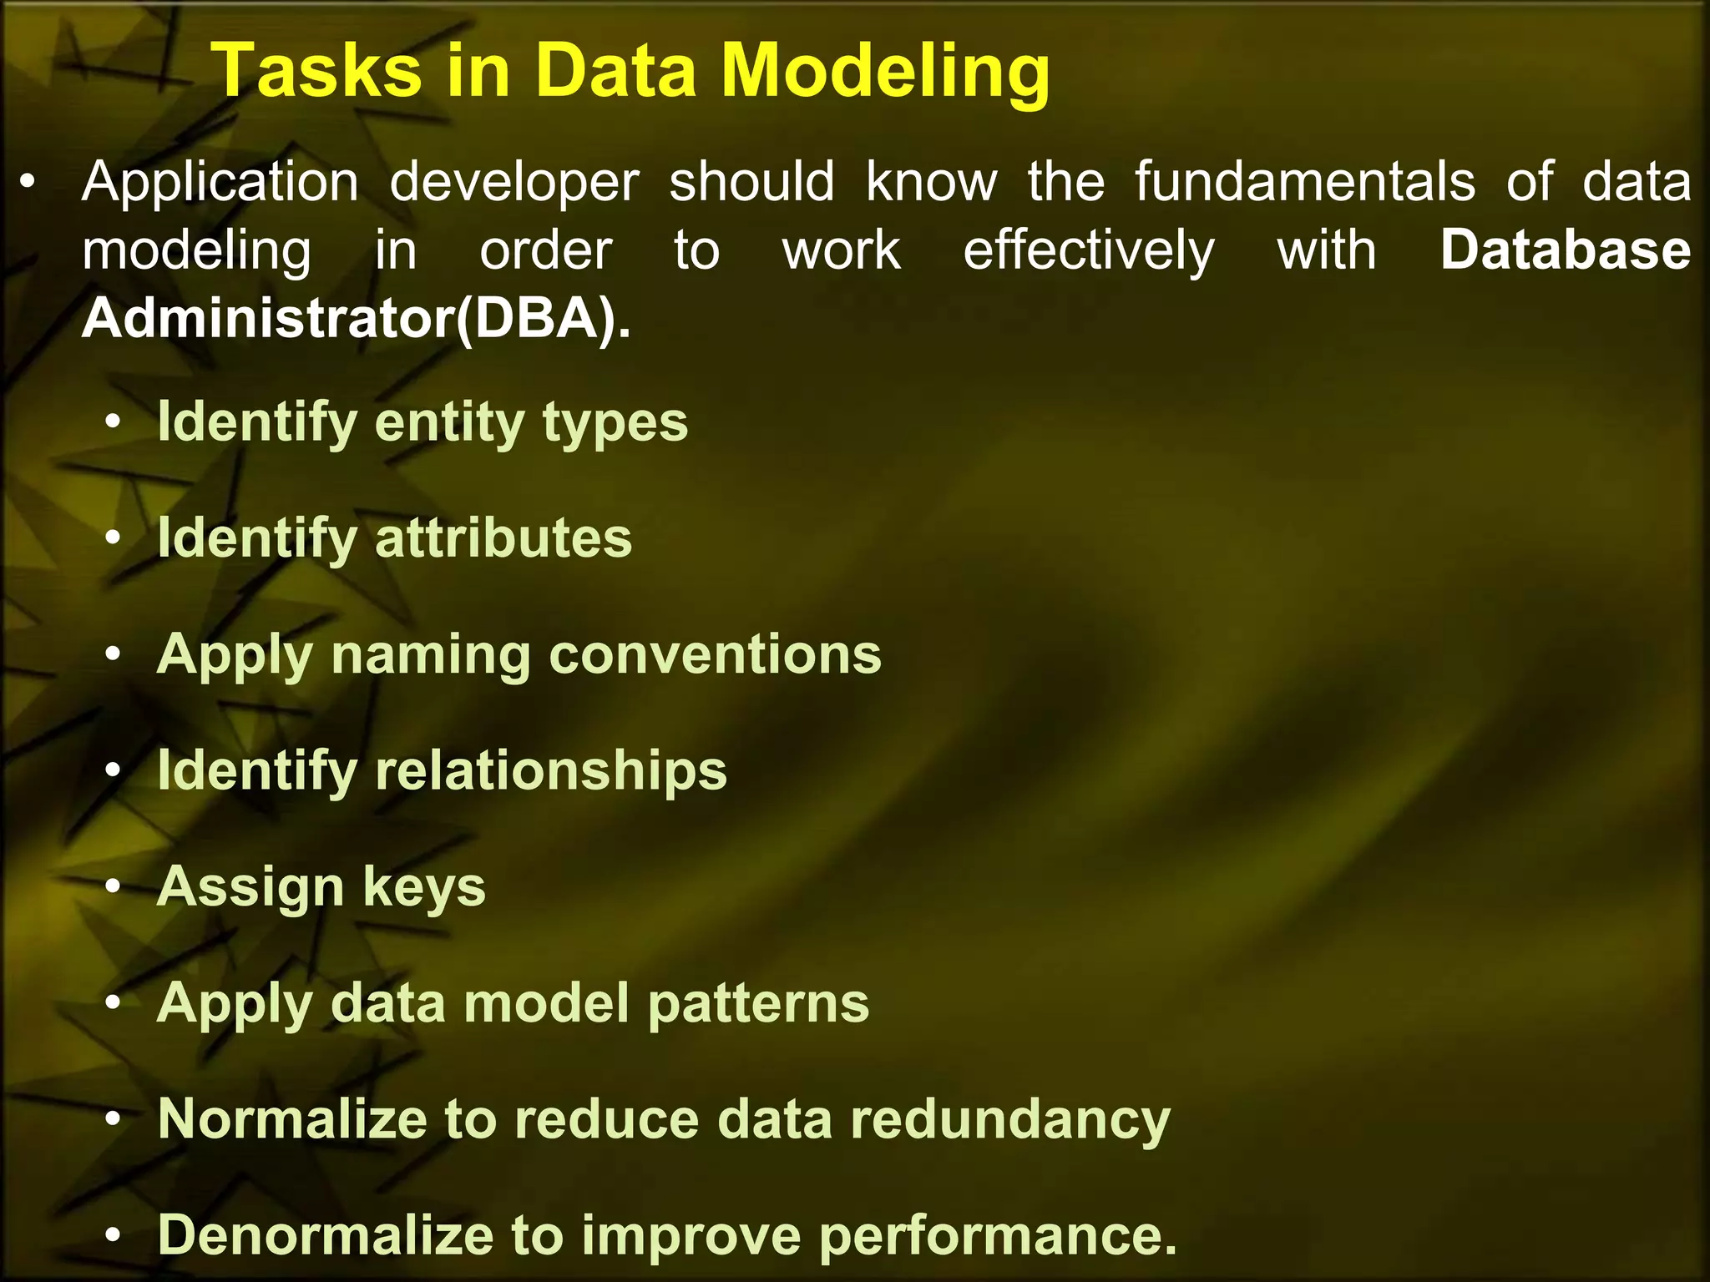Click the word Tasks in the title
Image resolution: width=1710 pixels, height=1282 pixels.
(x=317, y=71)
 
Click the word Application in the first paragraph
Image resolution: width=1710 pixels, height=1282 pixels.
(x=220, y=182)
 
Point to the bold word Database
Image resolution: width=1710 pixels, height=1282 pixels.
(x=1566, y=250)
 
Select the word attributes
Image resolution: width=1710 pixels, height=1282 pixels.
(x=503, y=538)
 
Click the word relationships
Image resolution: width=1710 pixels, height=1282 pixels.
(x=551, y=770)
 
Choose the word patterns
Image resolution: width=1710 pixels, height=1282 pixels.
(x=758, y=1003)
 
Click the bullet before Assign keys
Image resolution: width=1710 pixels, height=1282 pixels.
(x=114, y=888)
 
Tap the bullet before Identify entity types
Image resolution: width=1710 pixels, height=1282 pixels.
(x=114, y=423)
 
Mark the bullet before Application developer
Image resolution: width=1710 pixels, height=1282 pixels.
(x=28, y=183)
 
